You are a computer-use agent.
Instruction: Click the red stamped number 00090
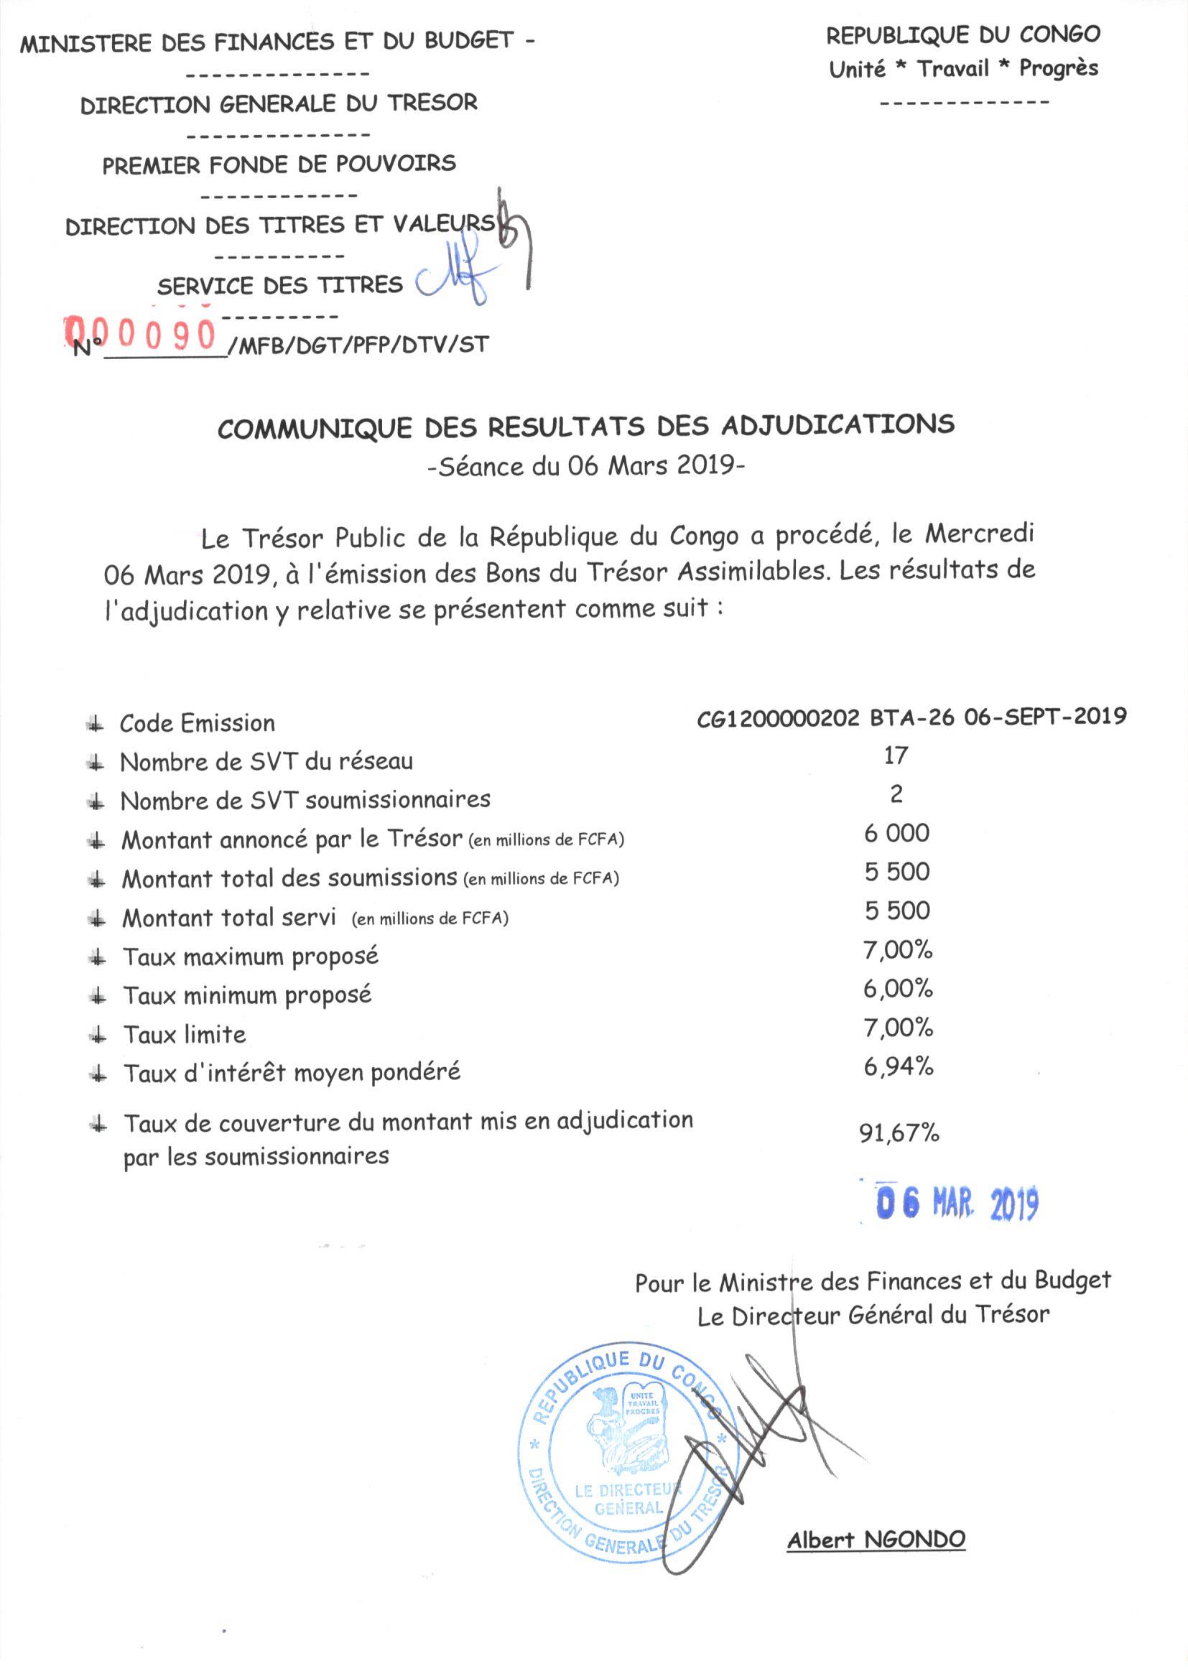click(143, 335)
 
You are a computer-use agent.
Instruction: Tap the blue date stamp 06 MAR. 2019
click(957, 1204)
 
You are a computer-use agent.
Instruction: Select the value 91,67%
click(899, 1132)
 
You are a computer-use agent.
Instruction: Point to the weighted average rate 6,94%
click(898, 1067)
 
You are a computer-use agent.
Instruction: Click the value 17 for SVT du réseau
click(896, 755)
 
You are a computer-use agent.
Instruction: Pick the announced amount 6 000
click(896, 833)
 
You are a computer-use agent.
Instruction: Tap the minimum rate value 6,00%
click(898, 989)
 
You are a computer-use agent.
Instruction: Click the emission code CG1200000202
click(778, 717)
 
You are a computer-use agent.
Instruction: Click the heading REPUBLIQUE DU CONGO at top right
click(962, 34)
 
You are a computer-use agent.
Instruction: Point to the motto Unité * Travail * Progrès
click(962, 69)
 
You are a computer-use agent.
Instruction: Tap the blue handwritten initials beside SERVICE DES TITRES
click(453, 282)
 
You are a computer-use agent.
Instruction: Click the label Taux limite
click(185, 1035)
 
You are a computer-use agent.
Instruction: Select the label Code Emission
click(198, 723)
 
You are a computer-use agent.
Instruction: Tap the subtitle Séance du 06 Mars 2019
click(586, 466)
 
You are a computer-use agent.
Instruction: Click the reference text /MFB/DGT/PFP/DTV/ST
click(358, 345)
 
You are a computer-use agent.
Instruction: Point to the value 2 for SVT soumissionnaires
click(896, 794)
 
